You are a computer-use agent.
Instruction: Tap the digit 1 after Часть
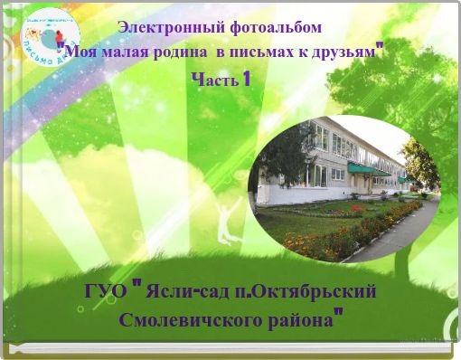246,80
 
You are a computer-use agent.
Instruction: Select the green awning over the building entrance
360,169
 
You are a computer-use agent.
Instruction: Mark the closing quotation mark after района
338,314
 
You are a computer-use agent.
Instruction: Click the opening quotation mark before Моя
61,47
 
